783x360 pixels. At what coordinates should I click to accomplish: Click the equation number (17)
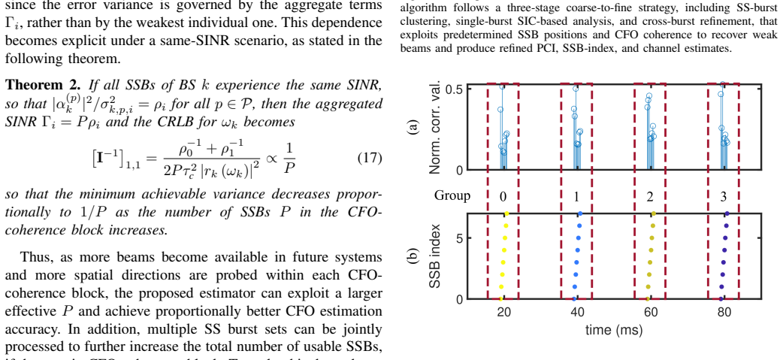[370, 159]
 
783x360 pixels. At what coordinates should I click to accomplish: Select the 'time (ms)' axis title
[614, 329]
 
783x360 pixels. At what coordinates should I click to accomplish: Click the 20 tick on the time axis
[504, 312]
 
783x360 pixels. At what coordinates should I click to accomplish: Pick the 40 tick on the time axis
[577, 312]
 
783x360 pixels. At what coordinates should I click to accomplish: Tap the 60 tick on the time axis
[651, 312]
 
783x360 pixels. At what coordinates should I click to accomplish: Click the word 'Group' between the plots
[452, 195]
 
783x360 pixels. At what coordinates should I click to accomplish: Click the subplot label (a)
[412, 127]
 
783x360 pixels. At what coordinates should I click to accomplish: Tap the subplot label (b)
[412, 256]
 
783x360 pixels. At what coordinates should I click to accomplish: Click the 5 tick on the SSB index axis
[461, 237]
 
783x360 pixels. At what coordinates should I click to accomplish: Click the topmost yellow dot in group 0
[507, 213]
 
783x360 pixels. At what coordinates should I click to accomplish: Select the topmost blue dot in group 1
[580, 213]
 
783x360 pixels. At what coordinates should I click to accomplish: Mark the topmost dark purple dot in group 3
[727, 213]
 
